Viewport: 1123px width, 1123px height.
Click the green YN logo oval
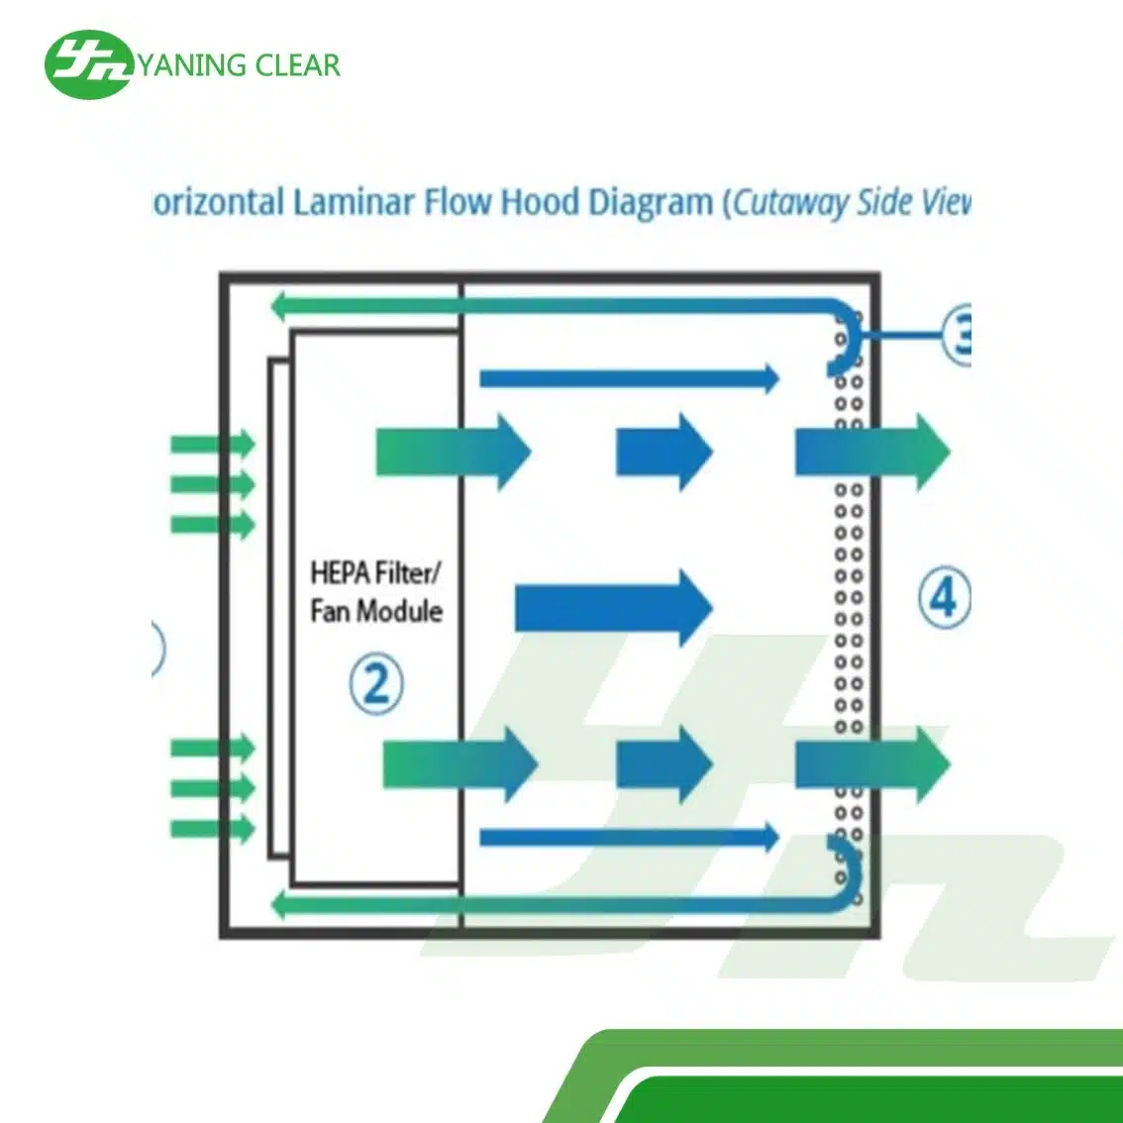[87, 63]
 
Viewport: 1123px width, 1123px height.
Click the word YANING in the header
[191, 65]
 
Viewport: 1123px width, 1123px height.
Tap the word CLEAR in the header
[297, 65]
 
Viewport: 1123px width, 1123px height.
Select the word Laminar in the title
[354, 202]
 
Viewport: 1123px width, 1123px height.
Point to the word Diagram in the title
[651, 202]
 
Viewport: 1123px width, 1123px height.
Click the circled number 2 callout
[376, 682]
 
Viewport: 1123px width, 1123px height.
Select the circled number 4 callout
[944, 597]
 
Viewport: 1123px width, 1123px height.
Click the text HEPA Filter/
[375, 572]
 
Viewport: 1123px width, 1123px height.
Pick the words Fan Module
[375, 610]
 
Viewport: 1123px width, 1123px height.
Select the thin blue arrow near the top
[629, 377]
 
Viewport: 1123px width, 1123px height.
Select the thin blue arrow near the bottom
[629, 837]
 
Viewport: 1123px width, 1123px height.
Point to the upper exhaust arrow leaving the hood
[871, 453]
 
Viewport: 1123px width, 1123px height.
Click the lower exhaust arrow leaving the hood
[871, 764]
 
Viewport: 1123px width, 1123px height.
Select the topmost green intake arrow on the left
[214, 445]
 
